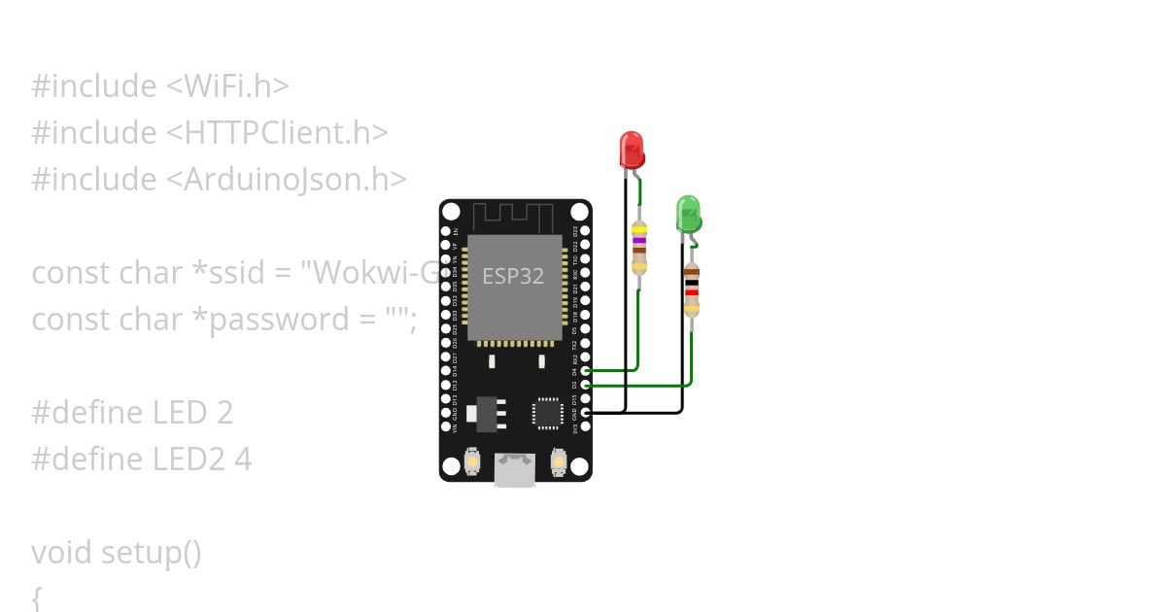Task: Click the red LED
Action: coord(631,150)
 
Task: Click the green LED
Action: coord(688,214)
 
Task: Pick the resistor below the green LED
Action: coord(691,289)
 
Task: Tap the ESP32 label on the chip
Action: coord(513,276)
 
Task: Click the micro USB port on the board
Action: coord(514,470)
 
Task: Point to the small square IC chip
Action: coord(547,413)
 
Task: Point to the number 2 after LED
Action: coord(223,413)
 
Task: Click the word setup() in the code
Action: coord(151,553)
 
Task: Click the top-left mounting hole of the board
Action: coord(451,212)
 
